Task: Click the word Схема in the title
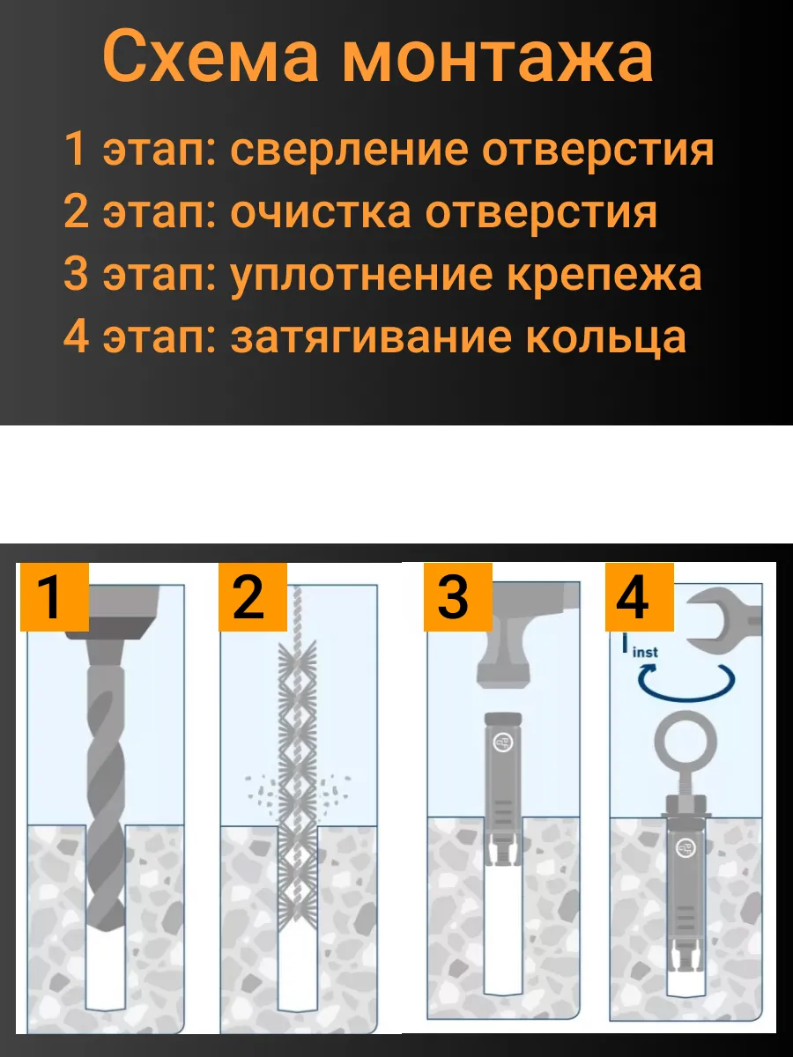click(211, 56)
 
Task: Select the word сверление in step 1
click(349, 151)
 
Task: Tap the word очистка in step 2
click(321, 212)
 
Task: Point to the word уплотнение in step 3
click(363, 276)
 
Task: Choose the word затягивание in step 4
click(371, 337)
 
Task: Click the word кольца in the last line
click(606, 338)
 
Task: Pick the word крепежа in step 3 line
click(604, 276)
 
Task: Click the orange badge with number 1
click(55, 597)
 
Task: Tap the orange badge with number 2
click(253, 597)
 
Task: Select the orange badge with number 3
click(458, 597)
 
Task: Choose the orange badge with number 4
click(640, 597)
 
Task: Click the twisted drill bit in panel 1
click(106, 795)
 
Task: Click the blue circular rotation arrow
click(686, 698)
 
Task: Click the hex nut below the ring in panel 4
click(686, 805)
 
